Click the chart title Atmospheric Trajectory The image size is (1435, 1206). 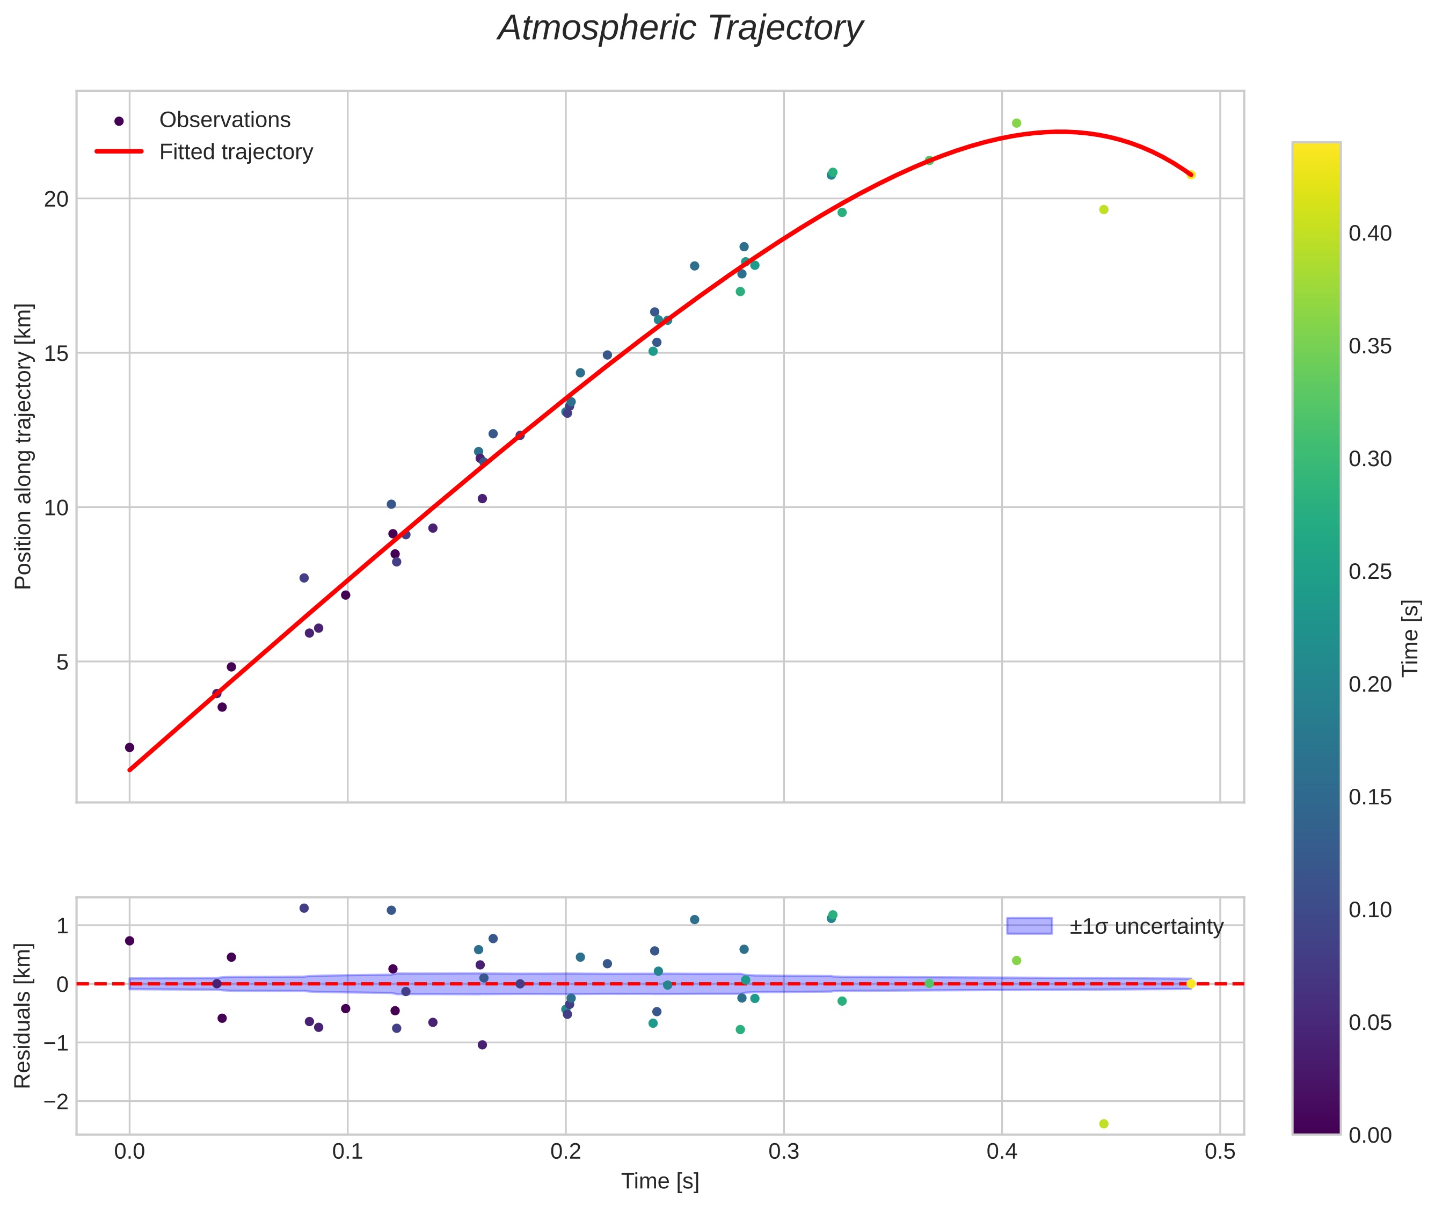[680, 28]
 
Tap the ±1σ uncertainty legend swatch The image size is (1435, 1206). [1029, 926]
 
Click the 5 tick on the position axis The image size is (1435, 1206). [63, 662]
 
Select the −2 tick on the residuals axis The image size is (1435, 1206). [55, 1101]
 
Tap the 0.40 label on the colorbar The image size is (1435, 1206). [1370, 234]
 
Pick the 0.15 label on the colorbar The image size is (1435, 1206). [1370, 797]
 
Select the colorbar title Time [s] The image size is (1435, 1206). [1410, 638]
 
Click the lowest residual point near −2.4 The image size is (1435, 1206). [1103, 1124]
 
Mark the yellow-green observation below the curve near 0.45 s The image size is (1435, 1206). [1103, 210]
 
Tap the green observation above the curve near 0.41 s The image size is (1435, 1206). [1016, 123]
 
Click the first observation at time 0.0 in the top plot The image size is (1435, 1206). [130, 747]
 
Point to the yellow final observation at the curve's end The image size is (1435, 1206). [1191, 175]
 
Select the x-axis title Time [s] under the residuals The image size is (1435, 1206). [660, 1181]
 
